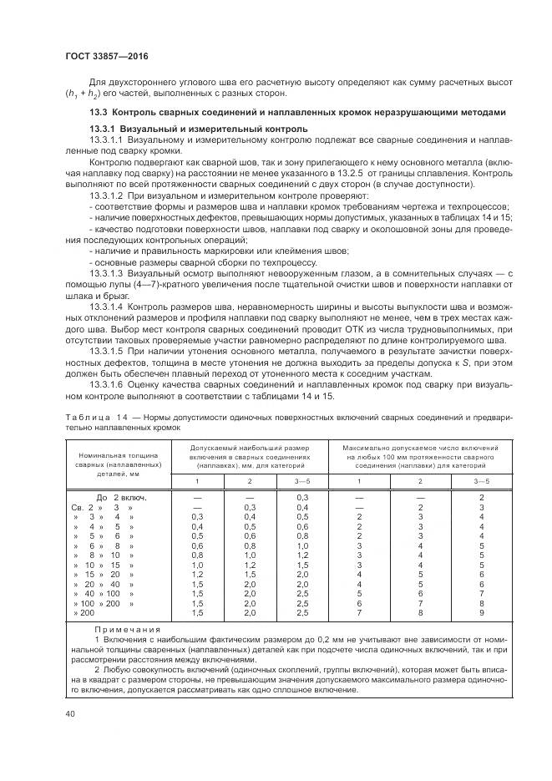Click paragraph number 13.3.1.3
tap(106, 272)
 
